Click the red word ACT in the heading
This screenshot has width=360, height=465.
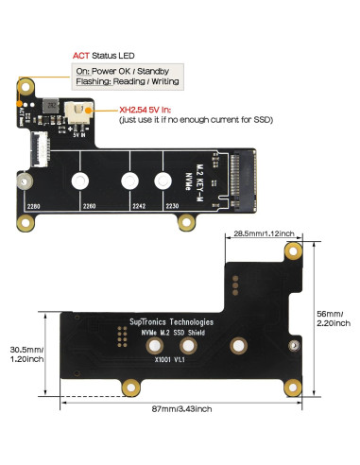[x=80, y=57]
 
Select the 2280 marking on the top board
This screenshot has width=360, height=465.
[x=34, y=206]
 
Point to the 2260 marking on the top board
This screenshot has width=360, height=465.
[x=90, y=206]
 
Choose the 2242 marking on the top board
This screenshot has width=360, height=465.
[x=140, y=206]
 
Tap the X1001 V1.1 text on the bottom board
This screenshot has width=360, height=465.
[x=170, y=359]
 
